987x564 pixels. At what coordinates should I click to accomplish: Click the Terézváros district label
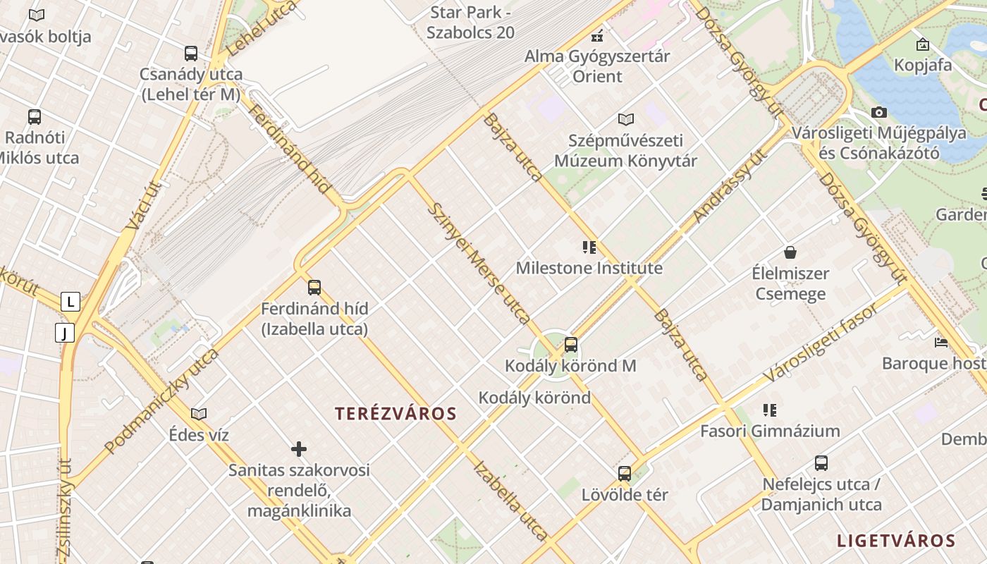tap(396, 414)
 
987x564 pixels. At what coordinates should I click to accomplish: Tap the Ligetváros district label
tap(895, 541)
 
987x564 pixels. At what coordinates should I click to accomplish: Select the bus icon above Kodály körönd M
tap(571, 345)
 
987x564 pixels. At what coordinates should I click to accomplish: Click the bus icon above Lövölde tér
tap(625, 474)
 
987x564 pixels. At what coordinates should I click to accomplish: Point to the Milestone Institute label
tap(589, 269)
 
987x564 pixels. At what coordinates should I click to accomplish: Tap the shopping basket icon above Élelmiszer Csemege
tap(790, 252)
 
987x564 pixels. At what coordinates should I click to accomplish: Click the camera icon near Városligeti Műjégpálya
tap(878, 112)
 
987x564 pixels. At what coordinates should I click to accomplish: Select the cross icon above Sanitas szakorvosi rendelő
tap(299, 449)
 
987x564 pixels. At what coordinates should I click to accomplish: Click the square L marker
tap(70, 302)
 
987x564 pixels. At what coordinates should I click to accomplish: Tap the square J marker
tap(65, 332)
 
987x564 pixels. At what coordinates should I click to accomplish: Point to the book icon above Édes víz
tap(199, 414)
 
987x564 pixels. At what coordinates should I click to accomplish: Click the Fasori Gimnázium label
tap(770, 431)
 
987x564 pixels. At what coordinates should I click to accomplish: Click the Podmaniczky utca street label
tap(161, 400)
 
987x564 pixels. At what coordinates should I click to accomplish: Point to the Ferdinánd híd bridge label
tap(290, 149)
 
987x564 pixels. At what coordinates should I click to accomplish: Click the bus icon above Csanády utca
tap(190, 53)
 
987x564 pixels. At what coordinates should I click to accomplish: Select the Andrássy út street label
tap(730, 186)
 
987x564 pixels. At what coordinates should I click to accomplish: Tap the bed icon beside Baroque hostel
tap(941, 343)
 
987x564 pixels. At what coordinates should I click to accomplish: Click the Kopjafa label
tap(923, 66)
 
